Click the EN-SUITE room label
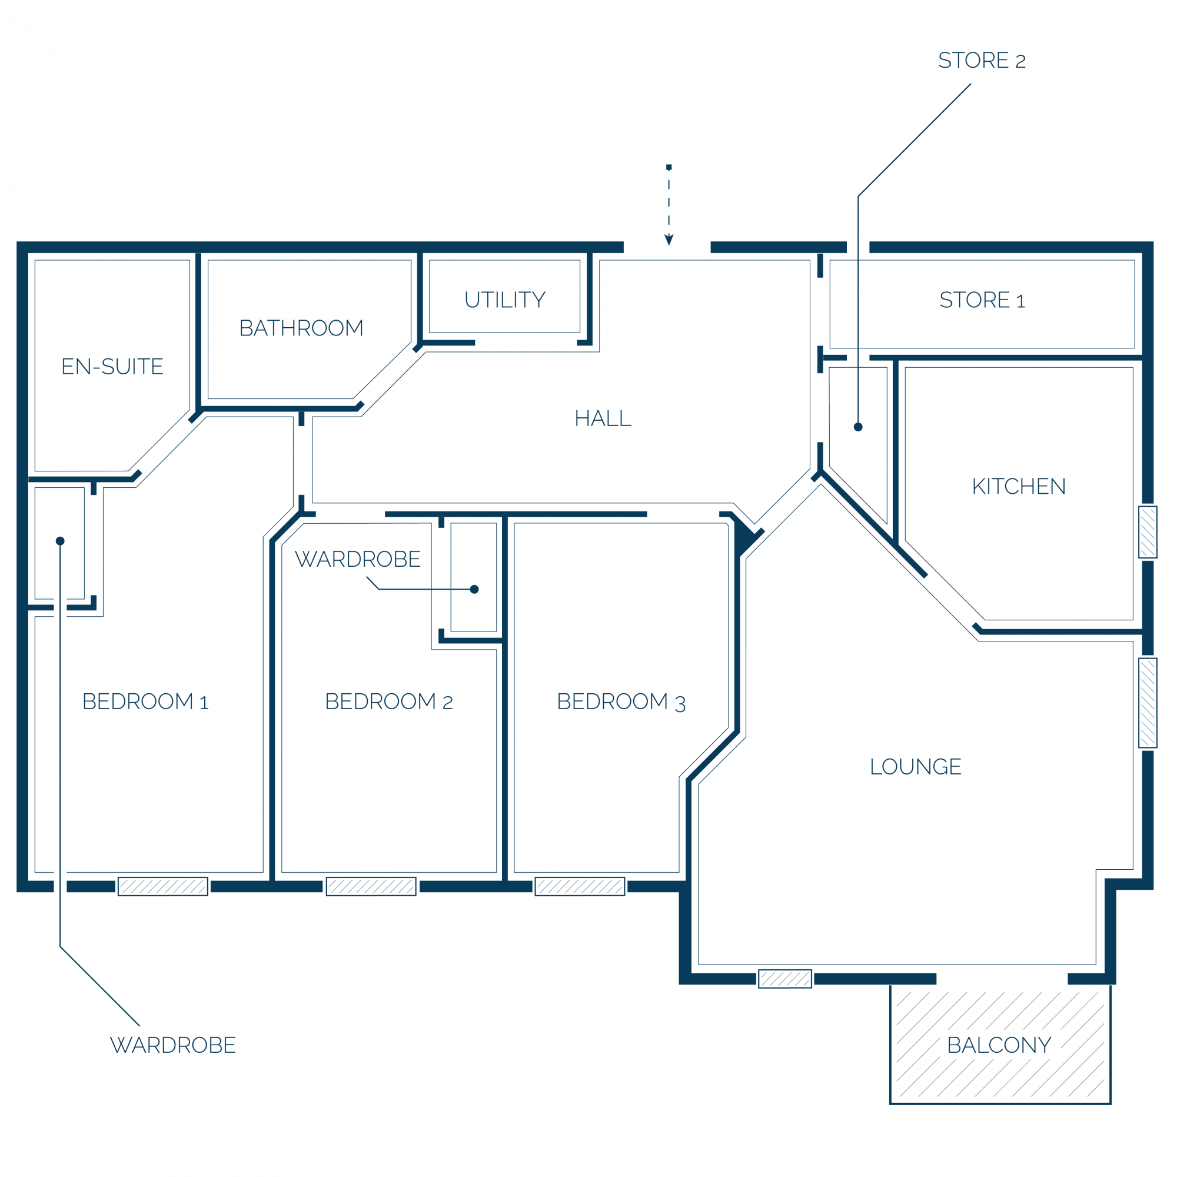tap(113, 367)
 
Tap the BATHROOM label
tap(301, 328)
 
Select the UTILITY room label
tap(505, 300)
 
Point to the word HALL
tap(603, 418)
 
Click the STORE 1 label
tap(982, 300)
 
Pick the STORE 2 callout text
tap(982, 60)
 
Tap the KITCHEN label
tap(1019, 486)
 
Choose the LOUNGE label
tap(916, 766)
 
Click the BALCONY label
tap(999, 1045)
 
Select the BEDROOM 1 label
tap(145, 701)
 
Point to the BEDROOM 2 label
tap(388, 701)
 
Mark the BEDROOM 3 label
tap(621, 702)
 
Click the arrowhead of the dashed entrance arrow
tap(669, 240)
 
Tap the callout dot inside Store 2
tap(858, 427)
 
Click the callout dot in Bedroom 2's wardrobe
tap(474, 589)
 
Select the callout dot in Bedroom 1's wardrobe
tap(59, 541)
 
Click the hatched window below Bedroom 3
tap(580, 886)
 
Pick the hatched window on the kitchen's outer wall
tap(1148, 532)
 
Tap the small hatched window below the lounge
tap(784, 979)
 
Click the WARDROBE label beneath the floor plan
tap(173, 1045)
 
